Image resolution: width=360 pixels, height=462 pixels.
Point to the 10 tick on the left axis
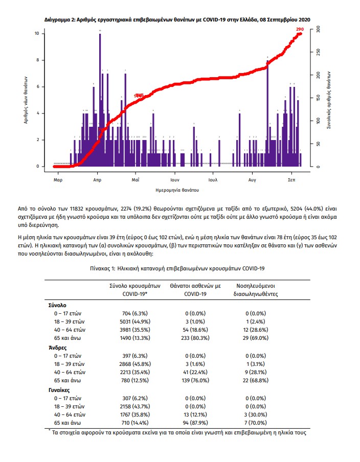37,34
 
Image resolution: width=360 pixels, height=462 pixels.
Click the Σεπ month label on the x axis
291,180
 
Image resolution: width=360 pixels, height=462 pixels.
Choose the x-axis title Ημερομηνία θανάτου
176,190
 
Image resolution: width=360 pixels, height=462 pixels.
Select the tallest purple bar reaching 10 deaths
100,100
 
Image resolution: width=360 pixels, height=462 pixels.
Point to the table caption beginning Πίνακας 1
179,268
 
